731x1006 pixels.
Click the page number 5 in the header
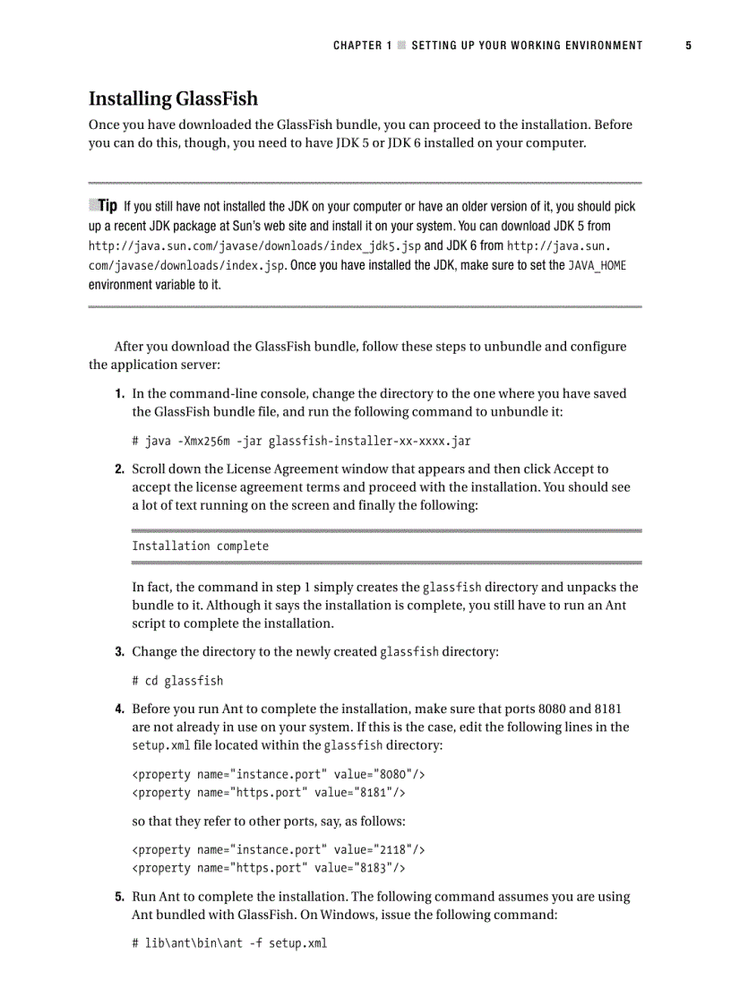point(688,46)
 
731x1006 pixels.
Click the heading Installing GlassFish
point(173,99)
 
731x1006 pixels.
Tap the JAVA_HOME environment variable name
point(597,265)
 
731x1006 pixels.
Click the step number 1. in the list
point(119,393)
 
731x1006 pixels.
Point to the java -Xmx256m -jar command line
point(301,441)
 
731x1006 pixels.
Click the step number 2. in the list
point(119,469)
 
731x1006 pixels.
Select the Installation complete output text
point(200,546)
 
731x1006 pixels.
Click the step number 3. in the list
point(119,651)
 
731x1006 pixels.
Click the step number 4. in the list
point(119,709)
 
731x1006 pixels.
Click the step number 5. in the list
point(119,896)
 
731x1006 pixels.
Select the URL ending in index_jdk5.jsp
point(254,245)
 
